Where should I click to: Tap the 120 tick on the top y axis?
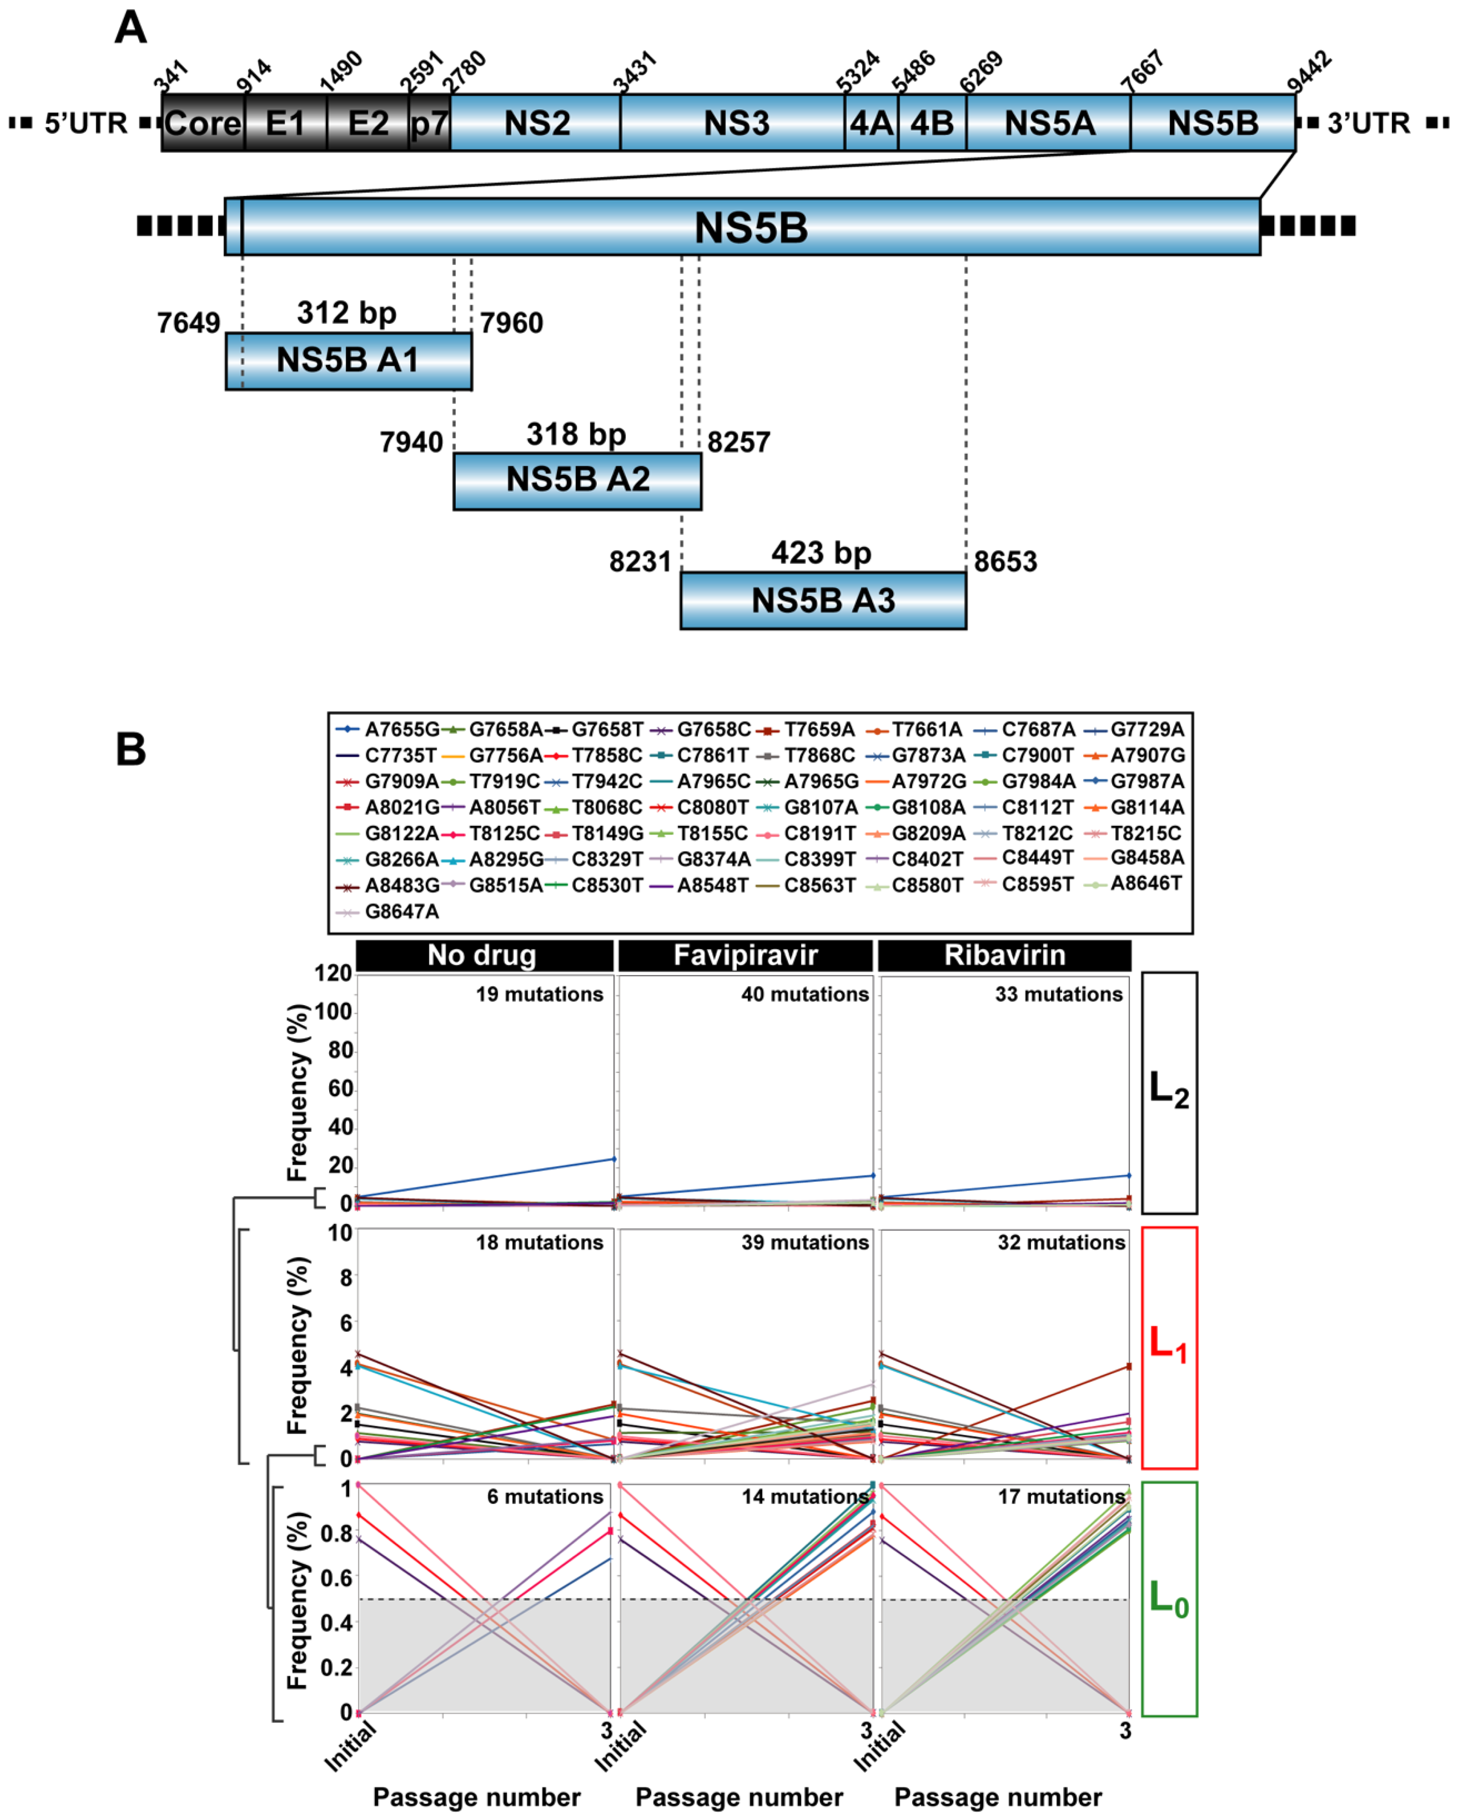click(x=332, y=974)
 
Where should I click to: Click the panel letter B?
click(x=131, y=749)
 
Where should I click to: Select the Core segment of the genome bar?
click(x=202, y=123)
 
